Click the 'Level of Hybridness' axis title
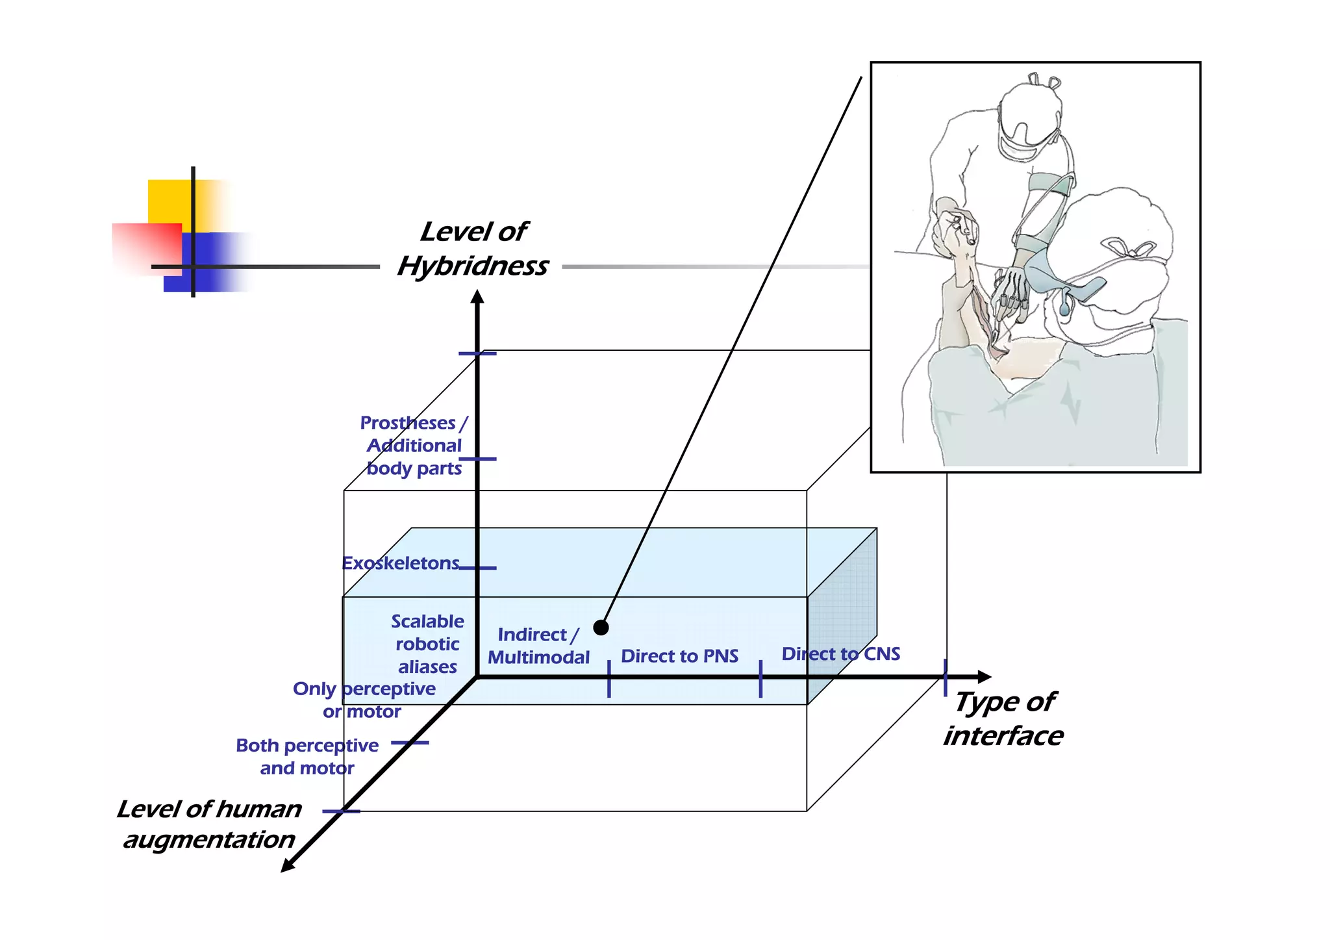coord(473,249)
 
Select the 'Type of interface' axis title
coord(1003,718)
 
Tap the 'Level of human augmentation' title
coord(209,824)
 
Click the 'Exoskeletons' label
coord(400,563)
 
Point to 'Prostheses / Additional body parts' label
coord(414,446)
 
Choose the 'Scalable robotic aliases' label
coord(427,644)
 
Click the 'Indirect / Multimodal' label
coord(538,646)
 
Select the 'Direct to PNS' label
coord(679,656)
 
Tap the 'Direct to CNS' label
coord(840,654)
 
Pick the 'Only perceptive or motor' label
coord(364,700)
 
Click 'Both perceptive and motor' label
coord(307,756)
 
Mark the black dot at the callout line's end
coord(601,628)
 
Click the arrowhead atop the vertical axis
coord(477,297)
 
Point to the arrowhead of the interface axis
coord(985,677)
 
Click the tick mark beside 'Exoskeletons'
coord(478,568)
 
